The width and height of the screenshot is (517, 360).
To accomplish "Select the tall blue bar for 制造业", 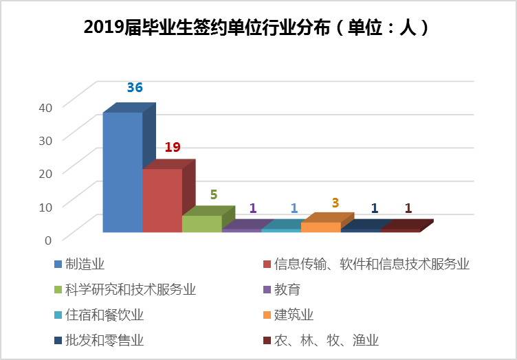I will tap(122, 172).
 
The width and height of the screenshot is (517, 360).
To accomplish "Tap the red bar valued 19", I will tap(162, 200).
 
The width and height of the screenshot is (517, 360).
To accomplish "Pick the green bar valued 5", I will tap(202, 223).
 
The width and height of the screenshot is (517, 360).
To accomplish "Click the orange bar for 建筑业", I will tap(320, 227).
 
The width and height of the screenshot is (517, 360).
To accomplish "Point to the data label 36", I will tap(135, 88).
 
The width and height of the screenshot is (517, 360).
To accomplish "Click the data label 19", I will tap(173, 147).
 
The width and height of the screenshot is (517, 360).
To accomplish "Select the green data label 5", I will tap(214, 194).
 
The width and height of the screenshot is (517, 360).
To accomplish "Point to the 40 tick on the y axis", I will tap(44, 107).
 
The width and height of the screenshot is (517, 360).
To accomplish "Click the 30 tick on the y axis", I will tap(44, 140).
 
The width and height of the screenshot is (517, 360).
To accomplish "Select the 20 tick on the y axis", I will tap(44, 173).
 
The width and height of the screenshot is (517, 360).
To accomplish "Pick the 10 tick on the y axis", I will tap(44, 206).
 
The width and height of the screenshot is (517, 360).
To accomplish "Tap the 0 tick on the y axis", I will tap(48, 239).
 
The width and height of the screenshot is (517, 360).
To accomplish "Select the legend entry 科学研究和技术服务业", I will tap(130, 289).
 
